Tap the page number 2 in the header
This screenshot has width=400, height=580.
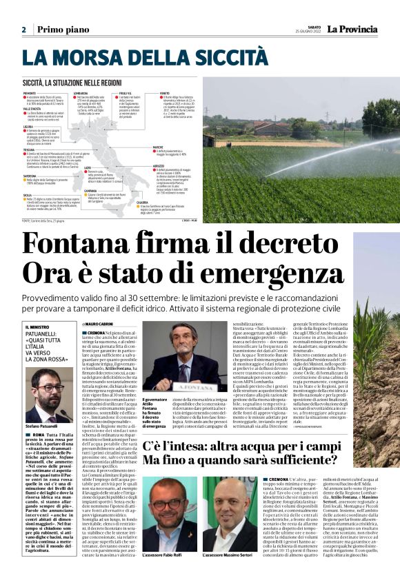coord(23,30)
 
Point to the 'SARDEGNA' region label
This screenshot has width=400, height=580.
coord(31,176)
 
